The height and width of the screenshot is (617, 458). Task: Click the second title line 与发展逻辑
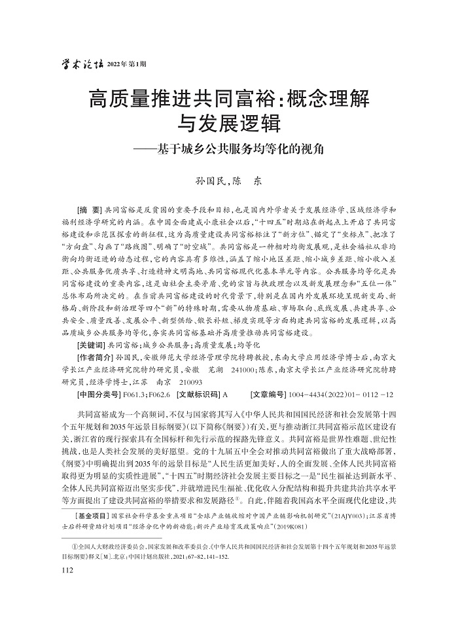[x=230, y=124]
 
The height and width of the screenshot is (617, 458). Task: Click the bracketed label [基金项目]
[x=95, y=516]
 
